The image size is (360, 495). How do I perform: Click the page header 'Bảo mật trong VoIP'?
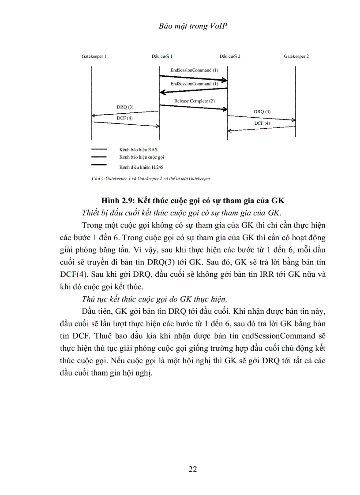193,26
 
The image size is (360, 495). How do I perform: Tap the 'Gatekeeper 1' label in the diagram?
94,57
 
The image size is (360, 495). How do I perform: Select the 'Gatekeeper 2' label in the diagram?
296,57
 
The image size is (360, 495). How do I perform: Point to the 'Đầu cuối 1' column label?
161,57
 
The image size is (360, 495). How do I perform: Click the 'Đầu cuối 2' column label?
229,57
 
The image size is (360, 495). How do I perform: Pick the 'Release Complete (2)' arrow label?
194,101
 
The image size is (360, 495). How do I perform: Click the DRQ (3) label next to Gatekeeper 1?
125,107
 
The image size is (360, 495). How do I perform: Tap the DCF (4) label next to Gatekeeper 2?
262,123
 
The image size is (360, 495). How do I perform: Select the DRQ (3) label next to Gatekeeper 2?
262,112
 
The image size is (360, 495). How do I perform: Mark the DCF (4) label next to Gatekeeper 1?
124,118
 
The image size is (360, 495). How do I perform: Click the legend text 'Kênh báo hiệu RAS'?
138,150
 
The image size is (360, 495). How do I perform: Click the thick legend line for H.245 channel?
99,164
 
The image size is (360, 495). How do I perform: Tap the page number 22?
193,469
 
